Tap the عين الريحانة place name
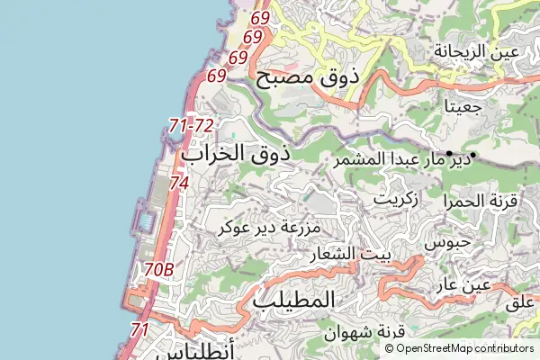[x=476, y=51]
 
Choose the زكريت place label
[x=396, y=198]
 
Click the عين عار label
[x=463, y=285]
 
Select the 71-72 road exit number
[x=191, y=125]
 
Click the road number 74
[x=178, y=183]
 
